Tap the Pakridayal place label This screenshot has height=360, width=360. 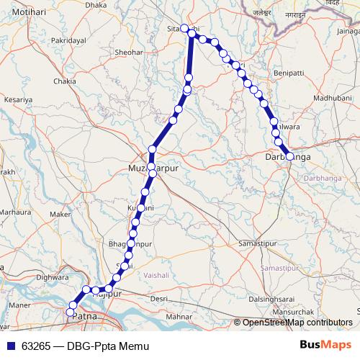[x=68, y=42]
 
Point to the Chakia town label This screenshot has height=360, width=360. [x=65, y=82]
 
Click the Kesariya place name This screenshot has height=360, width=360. [x=19, y=100]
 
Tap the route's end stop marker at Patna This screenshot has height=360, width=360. [x=71, y=312]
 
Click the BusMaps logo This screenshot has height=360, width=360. [x=326, y=346]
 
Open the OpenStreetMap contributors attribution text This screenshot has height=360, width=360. [x=297, y=323]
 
